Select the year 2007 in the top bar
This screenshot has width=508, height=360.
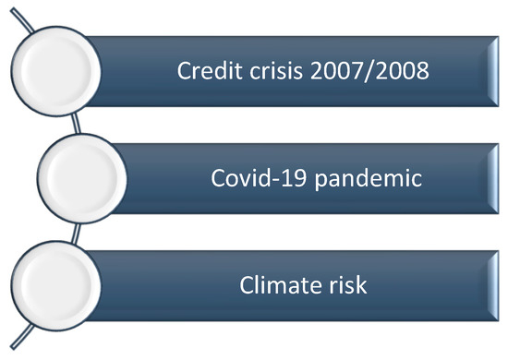point(333,70)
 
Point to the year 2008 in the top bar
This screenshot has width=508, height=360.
point(400,70)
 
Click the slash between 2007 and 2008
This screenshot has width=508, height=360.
point(367,70)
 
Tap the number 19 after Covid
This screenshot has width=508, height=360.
point(300,178)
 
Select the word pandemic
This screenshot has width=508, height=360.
point(369,179)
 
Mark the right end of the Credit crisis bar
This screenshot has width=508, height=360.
point(494,69)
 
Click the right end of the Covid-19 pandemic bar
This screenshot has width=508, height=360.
point(494,178)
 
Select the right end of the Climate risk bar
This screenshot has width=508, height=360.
point(494,286)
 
